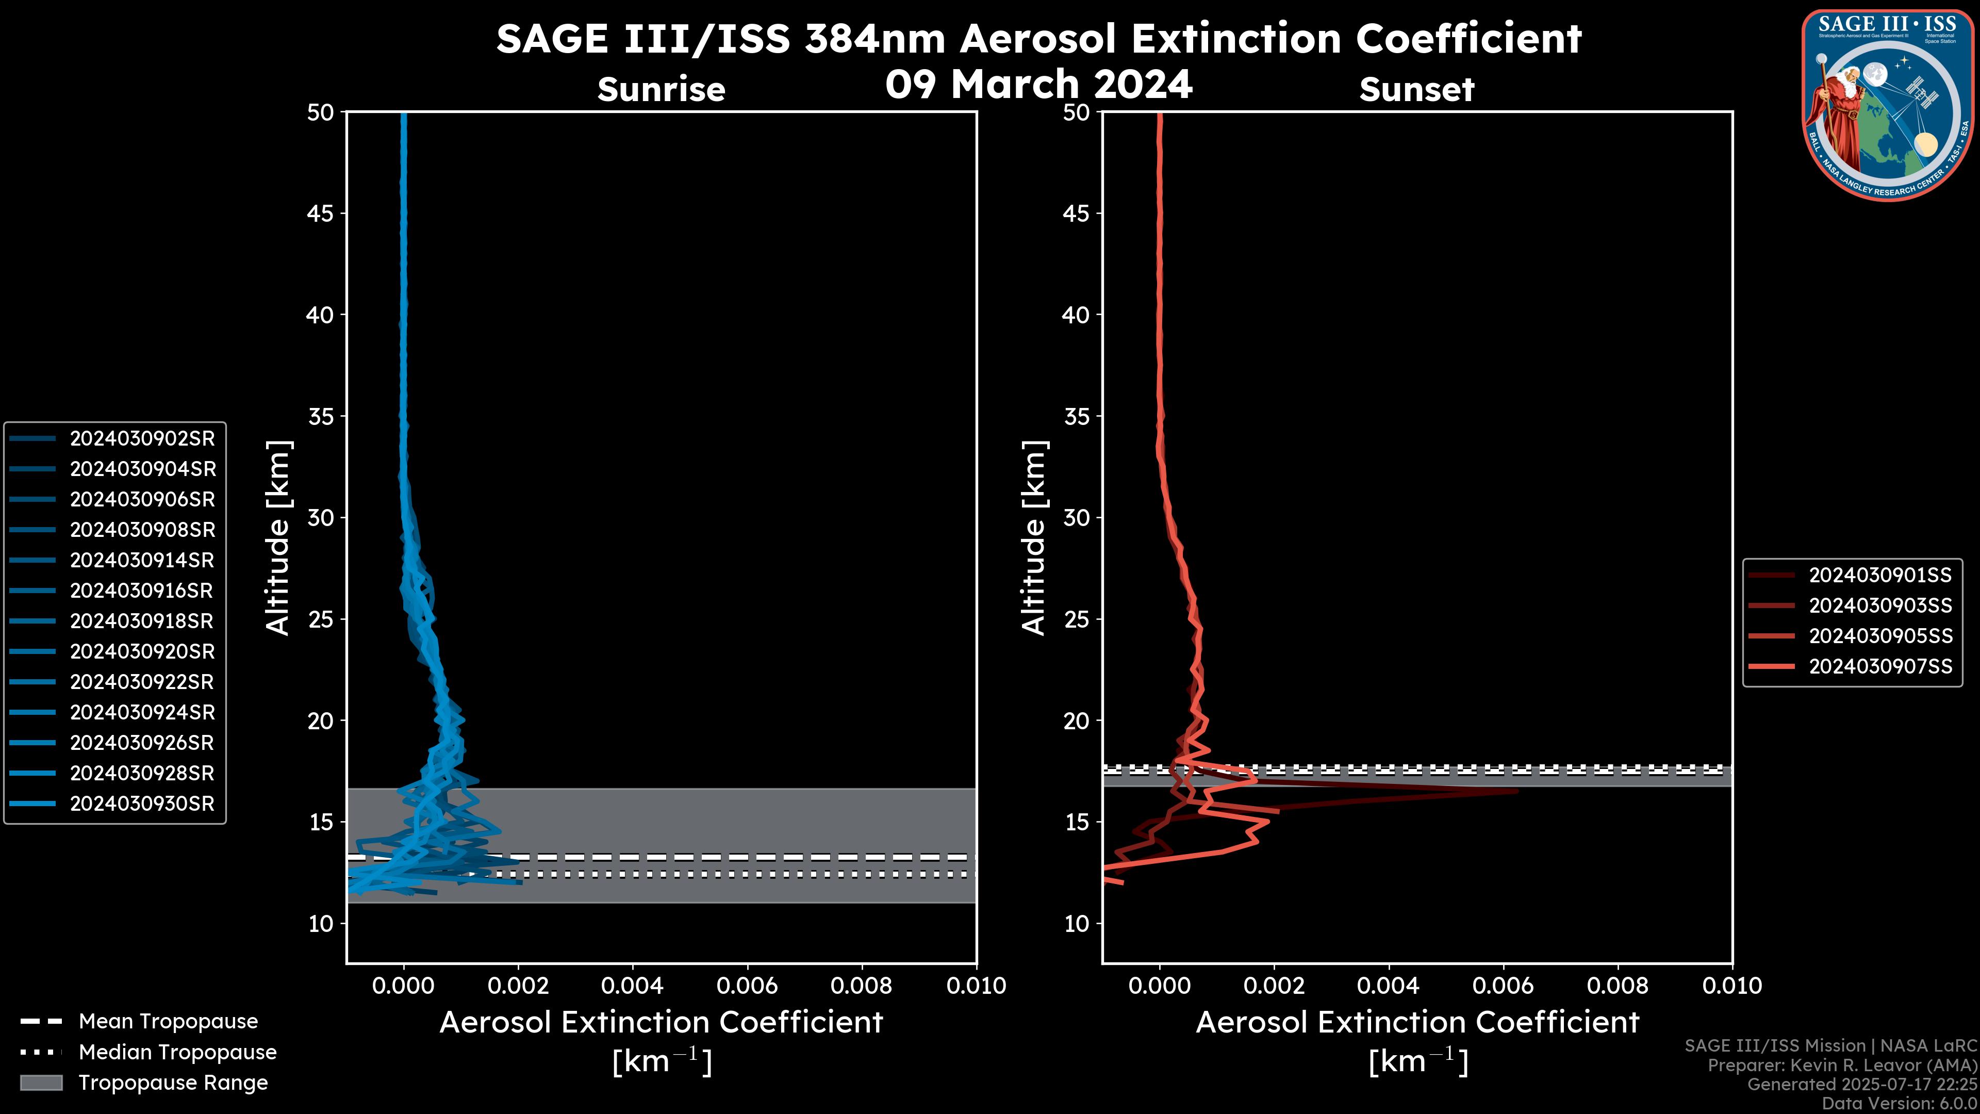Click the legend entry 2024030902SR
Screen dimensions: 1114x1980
(x=142, y=439)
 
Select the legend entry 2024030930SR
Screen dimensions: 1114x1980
(x=142, y=804)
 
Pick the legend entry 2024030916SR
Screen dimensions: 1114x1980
(x=142, y=591)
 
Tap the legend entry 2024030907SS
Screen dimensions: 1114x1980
(x=1880, y=666)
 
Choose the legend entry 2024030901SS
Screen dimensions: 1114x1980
(x=1880, y=575)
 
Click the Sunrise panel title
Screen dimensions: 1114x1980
(x=661, y=90)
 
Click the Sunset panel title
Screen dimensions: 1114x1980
(x=1416, y=90)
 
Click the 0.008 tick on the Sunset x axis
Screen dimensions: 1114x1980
(x=1618, y=986)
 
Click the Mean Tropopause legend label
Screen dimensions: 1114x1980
(x=168, y=1022)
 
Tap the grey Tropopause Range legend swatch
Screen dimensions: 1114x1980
(x=41, y=1083)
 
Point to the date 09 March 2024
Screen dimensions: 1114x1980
(x=1038, y=84)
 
